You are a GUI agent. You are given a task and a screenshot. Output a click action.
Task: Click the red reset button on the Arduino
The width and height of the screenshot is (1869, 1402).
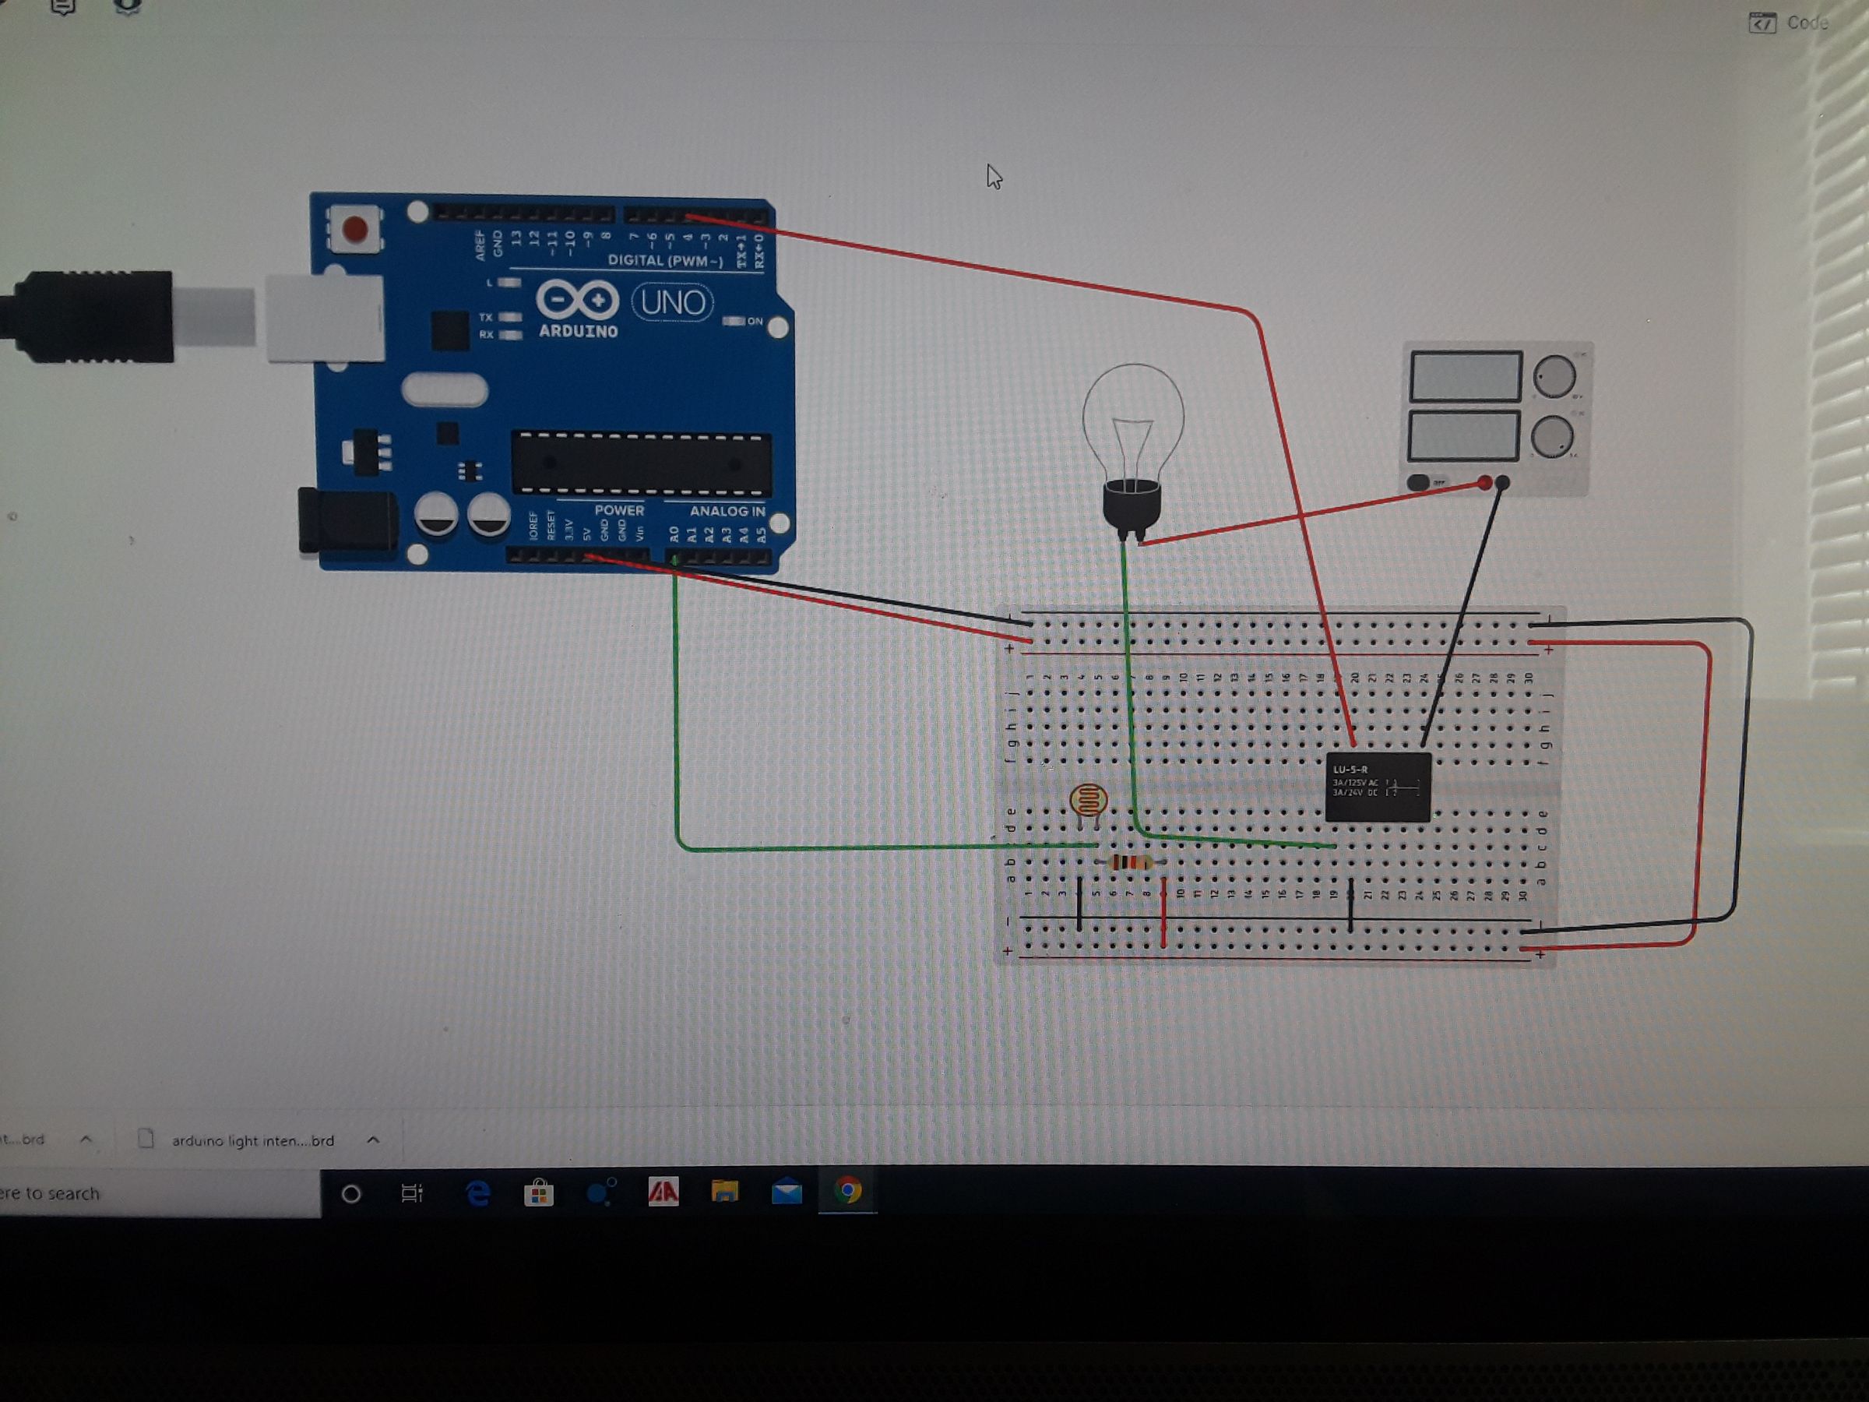coord(354,229)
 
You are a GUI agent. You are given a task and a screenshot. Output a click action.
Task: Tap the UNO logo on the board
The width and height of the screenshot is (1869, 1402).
coord(673,301)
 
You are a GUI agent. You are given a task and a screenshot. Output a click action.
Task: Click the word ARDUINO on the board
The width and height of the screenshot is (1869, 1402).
coord(578,331)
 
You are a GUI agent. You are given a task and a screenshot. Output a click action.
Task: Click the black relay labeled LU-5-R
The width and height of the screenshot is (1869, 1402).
coord(1378,787)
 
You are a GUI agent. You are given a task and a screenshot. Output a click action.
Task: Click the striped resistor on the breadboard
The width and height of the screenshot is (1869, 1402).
coord(1130,862)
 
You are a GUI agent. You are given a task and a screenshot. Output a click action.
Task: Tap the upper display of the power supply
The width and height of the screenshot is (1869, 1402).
coord(1465,376)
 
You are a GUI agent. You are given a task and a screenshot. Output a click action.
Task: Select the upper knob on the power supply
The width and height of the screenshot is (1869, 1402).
coord(1554,376)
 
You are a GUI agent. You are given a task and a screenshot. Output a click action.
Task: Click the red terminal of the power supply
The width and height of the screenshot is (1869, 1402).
coord(1484,484)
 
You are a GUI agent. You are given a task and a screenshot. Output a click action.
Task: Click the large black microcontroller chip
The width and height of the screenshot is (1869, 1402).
coord(642,463)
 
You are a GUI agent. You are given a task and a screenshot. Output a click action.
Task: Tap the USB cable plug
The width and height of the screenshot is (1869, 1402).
coord(93,317)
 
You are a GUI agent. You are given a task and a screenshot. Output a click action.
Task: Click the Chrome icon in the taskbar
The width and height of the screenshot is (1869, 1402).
coord(847,1191)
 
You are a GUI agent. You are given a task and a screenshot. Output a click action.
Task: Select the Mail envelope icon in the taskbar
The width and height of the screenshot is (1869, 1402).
coord(786,1192)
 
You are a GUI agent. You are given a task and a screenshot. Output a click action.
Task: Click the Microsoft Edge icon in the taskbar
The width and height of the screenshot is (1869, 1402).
coord(477,1192)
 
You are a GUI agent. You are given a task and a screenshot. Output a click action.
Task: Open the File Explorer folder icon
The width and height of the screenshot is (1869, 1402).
coord(724,1192)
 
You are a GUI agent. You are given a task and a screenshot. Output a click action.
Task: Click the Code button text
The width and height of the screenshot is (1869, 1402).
coord(1807,23)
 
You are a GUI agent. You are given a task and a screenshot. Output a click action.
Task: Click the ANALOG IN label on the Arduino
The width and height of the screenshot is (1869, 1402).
coord(727,511)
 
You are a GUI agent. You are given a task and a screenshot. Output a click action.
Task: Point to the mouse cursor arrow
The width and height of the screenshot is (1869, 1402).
coord(993,175)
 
